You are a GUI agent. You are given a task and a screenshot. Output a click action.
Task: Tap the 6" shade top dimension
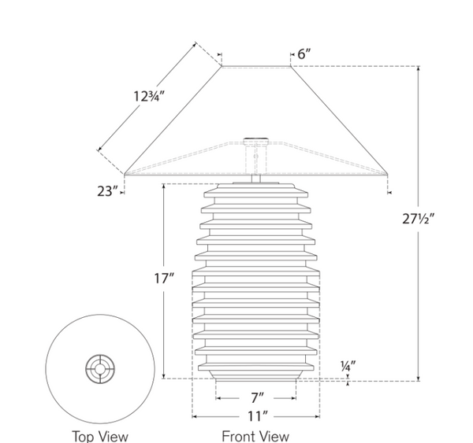pos(304,54)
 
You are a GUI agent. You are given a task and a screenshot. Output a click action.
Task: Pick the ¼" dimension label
pos(348,366)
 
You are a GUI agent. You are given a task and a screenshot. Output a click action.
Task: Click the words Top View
pos(100,435)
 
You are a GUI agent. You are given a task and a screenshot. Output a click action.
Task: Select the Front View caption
pos(255,435)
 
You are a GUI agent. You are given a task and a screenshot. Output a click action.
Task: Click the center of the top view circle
pos(100,367)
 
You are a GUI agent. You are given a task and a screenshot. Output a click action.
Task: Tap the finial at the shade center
pos(255,140)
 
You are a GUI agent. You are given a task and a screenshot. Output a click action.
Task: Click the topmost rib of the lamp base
pos(255,191)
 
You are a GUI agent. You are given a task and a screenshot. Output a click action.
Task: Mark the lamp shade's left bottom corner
pos(125,173)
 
